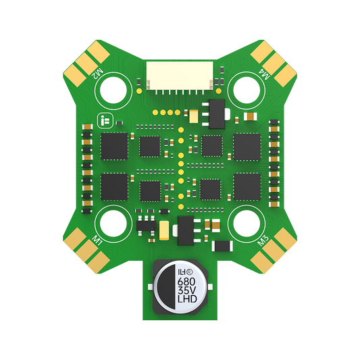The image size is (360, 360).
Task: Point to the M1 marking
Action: point(98,241)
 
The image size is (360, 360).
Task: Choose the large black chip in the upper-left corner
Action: point(114,145)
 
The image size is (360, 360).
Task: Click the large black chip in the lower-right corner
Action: point(247,186)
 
